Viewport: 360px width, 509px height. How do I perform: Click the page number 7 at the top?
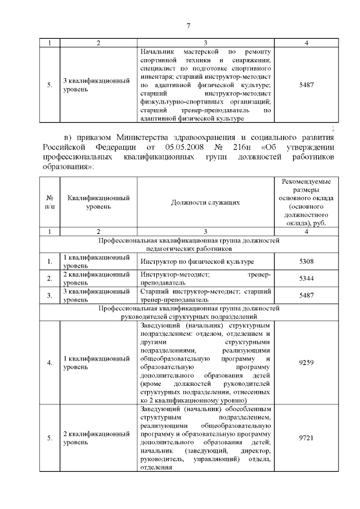pos(188,25)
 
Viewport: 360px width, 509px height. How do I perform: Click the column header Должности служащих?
pos(205,202)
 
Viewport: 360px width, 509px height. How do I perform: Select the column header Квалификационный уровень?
pos(98,202)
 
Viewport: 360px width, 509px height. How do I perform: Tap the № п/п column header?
pos(50,202)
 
